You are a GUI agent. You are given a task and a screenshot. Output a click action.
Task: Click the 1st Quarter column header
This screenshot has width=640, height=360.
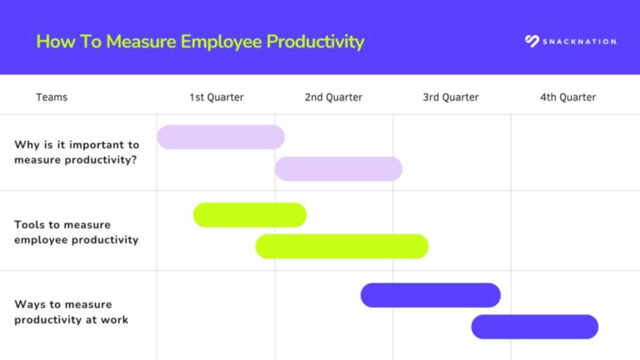coord(216,97)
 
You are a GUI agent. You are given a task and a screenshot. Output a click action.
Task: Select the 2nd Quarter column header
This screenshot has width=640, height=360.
coord(333,97)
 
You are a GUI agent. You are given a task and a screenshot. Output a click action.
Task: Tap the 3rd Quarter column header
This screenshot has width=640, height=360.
coord(451,97)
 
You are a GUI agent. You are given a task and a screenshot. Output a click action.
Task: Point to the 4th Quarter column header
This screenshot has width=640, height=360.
coord(567,97)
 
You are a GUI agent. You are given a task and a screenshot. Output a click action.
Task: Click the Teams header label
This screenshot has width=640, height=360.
coord(52,97)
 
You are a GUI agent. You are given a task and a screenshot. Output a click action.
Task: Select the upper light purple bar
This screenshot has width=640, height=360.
coord(221,137)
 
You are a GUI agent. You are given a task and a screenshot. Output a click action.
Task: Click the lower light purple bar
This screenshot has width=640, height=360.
coord(338,168)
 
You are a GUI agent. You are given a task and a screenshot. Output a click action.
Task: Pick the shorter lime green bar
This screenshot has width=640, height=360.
coord(250,215)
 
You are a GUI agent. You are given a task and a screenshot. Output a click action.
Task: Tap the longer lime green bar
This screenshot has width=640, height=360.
coord(342,246)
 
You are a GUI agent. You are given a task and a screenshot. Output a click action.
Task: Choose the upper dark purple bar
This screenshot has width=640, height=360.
coord(430,295)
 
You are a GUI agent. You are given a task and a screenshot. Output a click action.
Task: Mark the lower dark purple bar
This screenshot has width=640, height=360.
coord(534,327)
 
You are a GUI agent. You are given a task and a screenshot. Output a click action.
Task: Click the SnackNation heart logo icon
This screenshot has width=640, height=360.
coord(532,41)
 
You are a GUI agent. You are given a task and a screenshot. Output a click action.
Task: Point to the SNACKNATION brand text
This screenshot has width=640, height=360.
coord(579,42)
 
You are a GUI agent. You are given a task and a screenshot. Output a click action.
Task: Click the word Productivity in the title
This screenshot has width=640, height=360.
coord(315,42)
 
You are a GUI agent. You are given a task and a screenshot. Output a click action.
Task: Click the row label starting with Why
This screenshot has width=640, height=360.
coord(76,152)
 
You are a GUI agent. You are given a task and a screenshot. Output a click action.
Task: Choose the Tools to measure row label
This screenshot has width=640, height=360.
coord(76,232)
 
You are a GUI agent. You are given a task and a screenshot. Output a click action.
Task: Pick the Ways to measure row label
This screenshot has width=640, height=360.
coord(71,312)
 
